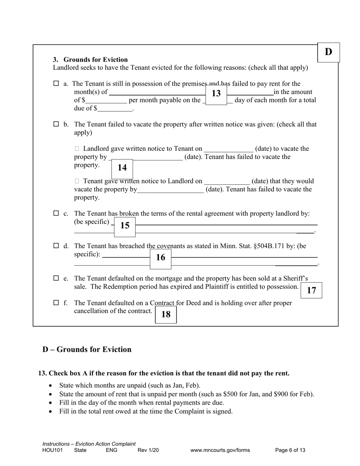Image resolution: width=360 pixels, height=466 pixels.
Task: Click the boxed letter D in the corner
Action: pyautogui.click(x=328, y=52)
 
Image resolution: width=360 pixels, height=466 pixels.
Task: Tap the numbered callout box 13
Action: pyautogui.click(x=216, y=94)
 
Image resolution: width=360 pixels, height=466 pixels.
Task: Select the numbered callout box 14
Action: pyautogui.click(x=122, y=168)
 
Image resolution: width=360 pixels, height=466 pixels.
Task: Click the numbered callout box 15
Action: pyautogui.click(x=125, y=226)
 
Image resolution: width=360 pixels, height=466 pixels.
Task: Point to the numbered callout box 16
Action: pyautogui.click(x=161, y=258)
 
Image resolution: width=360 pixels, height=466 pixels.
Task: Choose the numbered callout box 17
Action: pyautogui.click(x=311, y=291)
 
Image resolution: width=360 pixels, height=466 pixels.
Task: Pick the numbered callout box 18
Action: pyautogui.click(x=166, y=314)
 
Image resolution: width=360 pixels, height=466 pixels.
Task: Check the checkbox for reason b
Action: pyautogui.click(x=56, y=124)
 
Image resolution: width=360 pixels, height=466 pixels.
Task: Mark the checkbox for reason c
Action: pyautogui.click(x=56, y=214)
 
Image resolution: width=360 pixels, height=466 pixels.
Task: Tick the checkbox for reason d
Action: pyautogui.click(x=56, y=246)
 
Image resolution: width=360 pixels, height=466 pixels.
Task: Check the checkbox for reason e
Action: pyautogui.click(x=56, y=278)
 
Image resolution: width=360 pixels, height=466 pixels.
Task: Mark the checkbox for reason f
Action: pyautogui.click(x=56, y=303)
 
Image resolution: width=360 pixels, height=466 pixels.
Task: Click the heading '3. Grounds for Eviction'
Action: pyautogui.click(x=90, y=60)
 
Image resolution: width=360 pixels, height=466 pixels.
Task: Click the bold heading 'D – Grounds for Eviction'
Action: pyautogui.click(x=87, y=349)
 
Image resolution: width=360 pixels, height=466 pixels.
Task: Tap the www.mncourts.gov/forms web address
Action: pyautogui.click(x=220, y=450)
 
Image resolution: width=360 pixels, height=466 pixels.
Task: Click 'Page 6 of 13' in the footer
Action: pyautogui.click(x=290, y=450)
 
